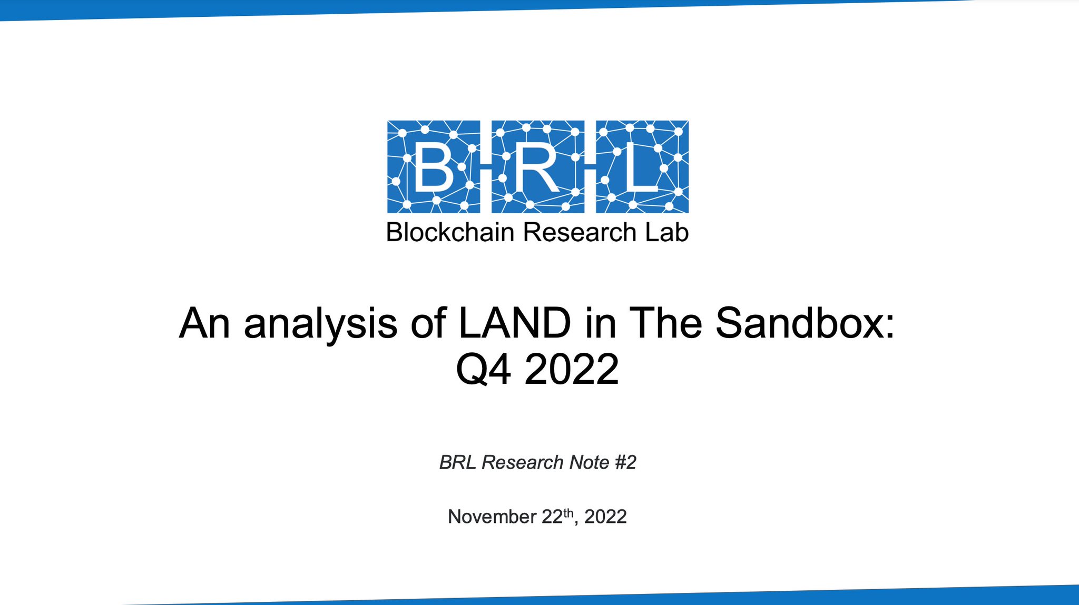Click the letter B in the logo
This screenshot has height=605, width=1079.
pyautogui.click(x=434, y=167)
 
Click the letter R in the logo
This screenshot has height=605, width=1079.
pyautogui.click(x=536, y=167)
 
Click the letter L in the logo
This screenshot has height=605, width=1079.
pyautogui.click(x=641, y=167)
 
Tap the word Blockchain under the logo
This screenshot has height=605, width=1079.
pyautogui.click(x=450, y=232)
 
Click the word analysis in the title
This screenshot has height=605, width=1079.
pyautogui.click(x=320, y=323)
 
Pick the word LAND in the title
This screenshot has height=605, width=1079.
pyautogui.click(x=515, y=323)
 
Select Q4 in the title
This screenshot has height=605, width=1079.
pyautogui.click(x=483, y=369)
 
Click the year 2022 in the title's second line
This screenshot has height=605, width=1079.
pyautogui.click(x=572, y=369)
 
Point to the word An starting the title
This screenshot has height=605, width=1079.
pyautogui.click(x=204, y=323)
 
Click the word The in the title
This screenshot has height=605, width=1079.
pyautogui.click(x=666, y=323)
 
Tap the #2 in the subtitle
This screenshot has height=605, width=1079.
pyautogui.click(x=625, y=462)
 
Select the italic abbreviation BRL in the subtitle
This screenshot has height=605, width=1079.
pyautogui.click(x=458, y=462)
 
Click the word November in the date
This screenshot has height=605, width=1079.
pyautogui.click(x=492, y=517)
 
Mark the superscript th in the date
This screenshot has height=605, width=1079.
pyautogui.click(x=568, y=512)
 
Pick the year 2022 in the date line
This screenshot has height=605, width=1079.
pyautogui.click(x=605, y=517)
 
